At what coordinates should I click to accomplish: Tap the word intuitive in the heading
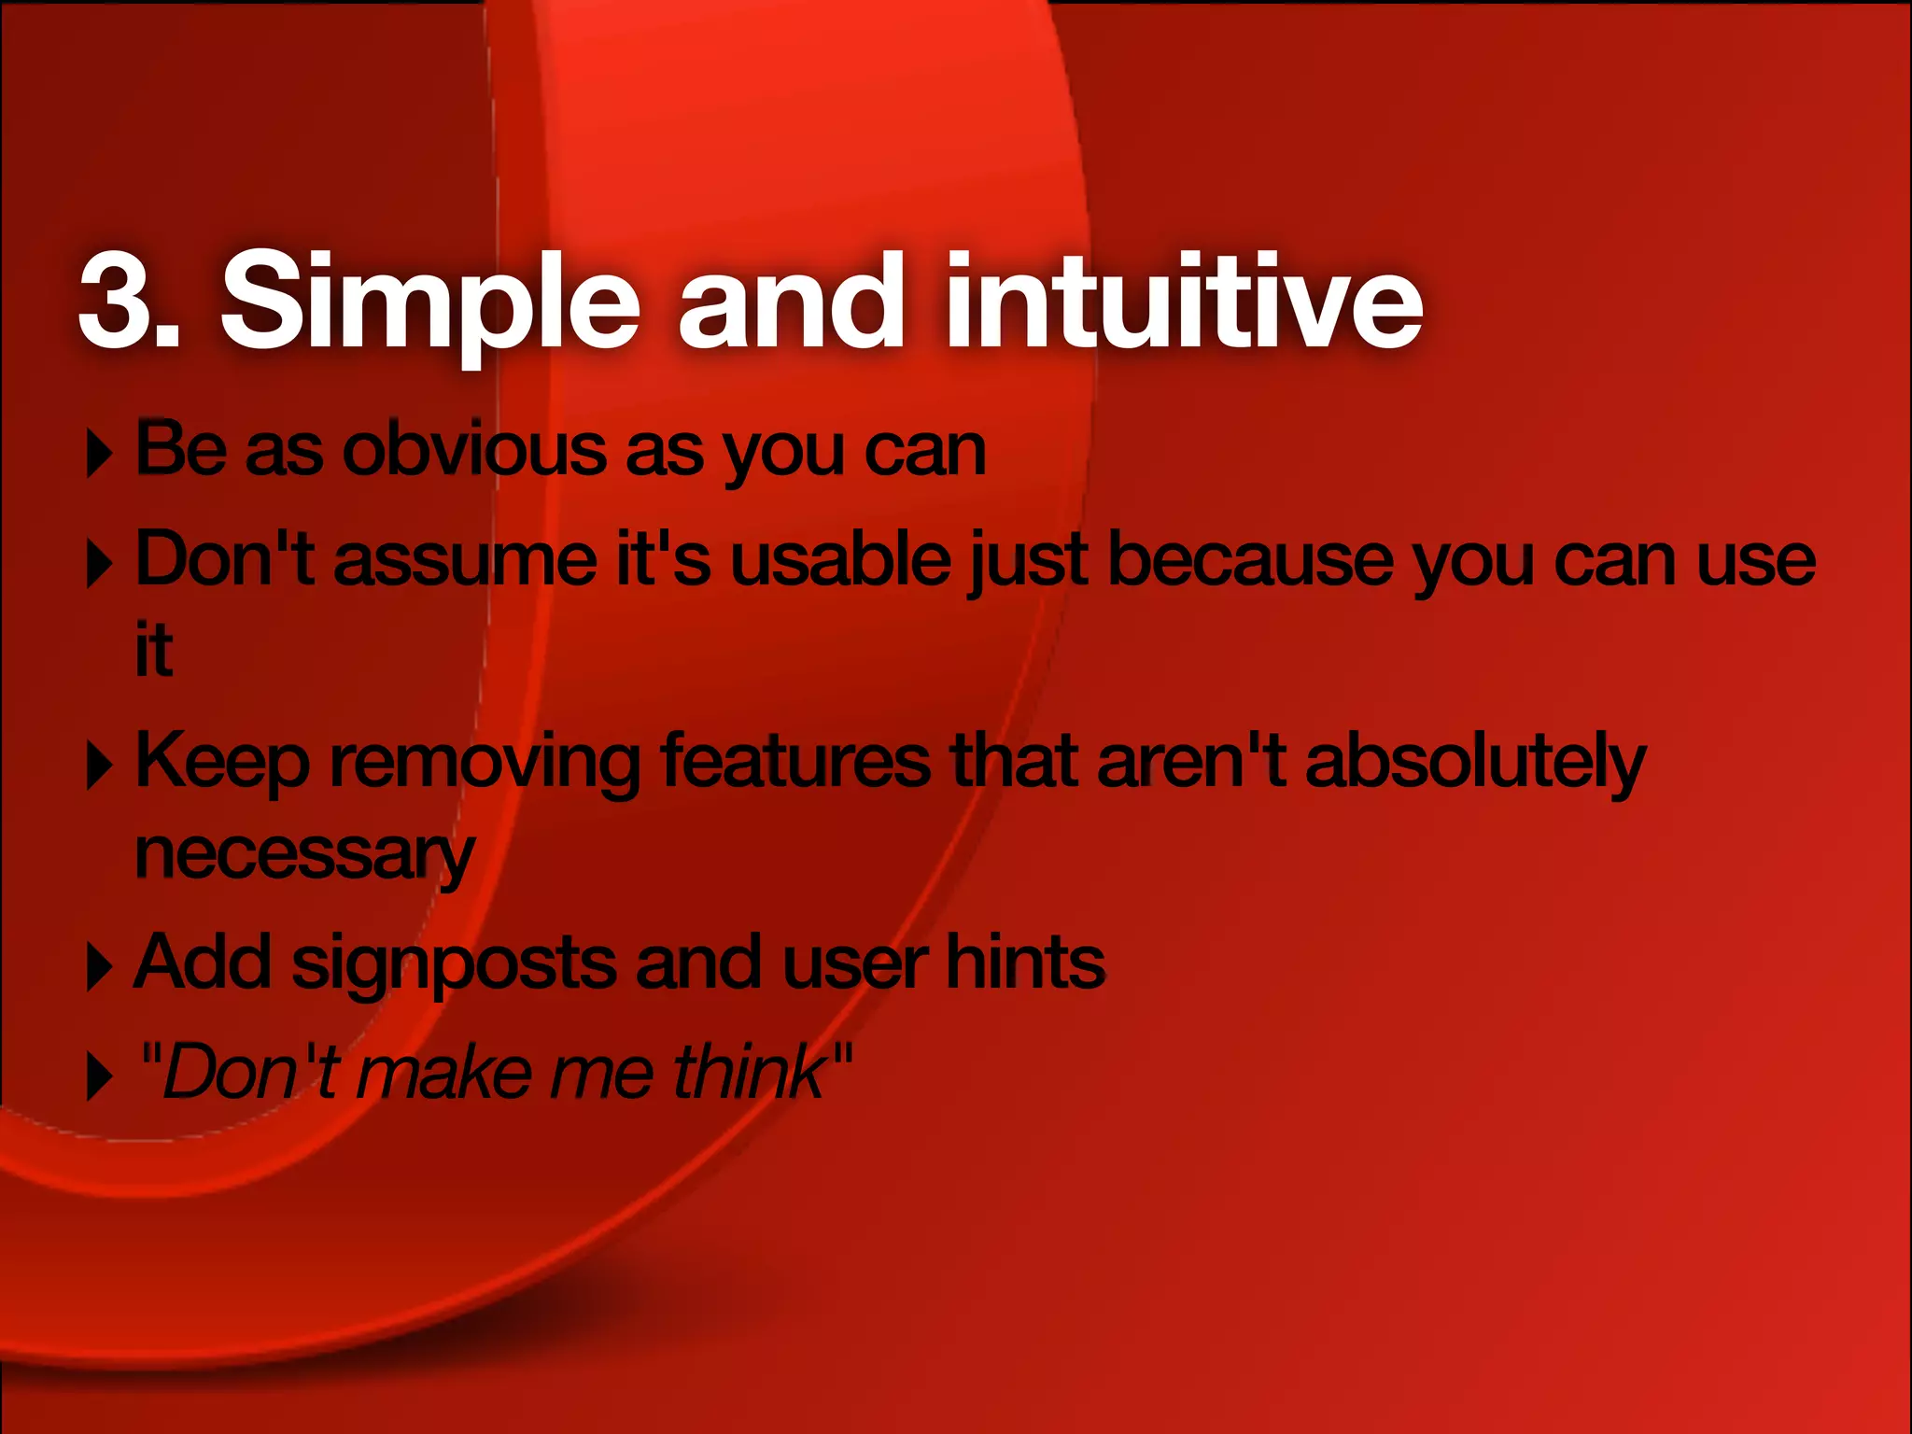[x=1184, y=301]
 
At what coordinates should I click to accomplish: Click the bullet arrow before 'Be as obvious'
[x=99, y=454]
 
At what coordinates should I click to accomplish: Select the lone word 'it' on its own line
[x=154, y=650]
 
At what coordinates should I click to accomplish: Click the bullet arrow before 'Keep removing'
[x=99, y=766]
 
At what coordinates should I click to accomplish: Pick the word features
[x=795, y=761]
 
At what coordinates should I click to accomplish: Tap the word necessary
[x=304, y=854]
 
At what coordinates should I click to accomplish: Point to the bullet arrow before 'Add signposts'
[x=99, y=967]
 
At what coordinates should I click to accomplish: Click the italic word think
[x=750, y=1072]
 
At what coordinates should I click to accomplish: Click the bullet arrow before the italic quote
[x=99, y=1076]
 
